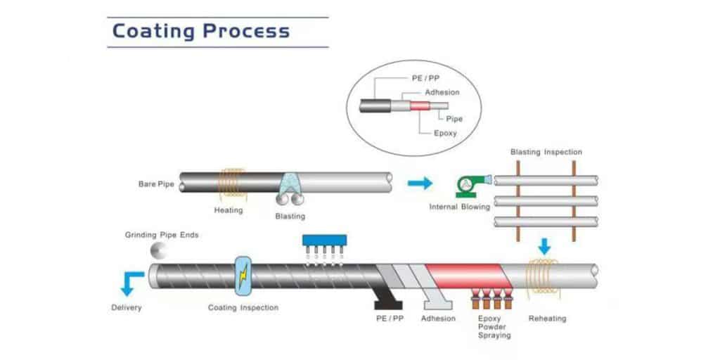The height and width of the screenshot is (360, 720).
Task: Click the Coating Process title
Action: click(x=201, y=32)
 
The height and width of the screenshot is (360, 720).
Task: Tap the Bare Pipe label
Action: click(x=155, y=184)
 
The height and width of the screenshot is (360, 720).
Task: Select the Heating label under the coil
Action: click(x=229, y=210)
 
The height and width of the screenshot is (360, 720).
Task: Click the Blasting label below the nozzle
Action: click(x=290, y=216)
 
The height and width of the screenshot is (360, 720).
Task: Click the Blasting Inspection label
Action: click(x=546, y=152)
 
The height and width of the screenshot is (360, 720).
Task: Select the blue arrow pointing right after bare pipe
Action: click(x=420, y=184)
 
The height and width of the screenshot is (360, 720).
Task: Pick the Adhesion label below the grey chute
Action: click(x=439, y=319)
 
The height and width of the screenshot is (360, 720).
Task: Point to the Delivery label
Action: click(x=127, y=307)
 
